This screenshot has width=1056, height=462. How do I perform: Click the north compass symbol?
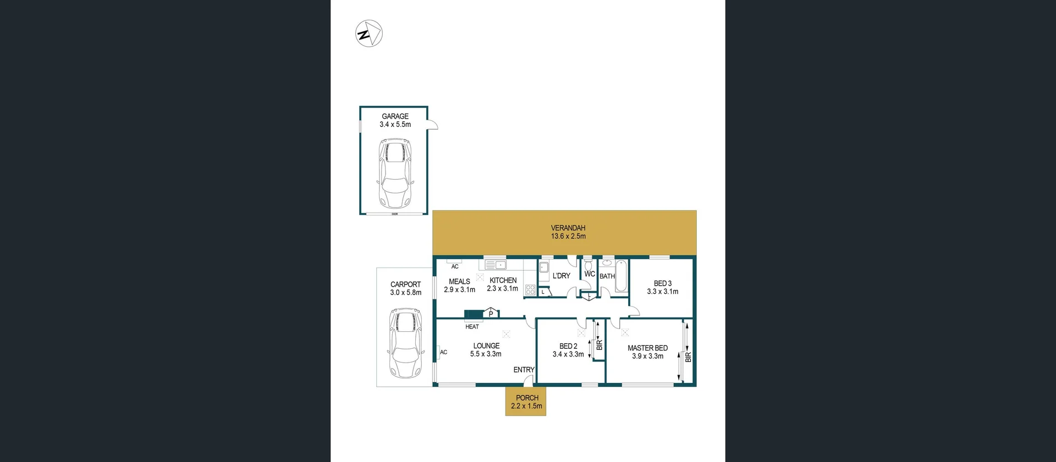pyautogui.click(x=369, y=34)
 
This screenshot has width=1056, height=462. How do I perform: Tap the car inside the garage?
pyautogui.click(x=394, y=173)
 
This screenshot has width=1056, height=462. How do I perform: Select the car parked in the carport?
pyautogui.click(x=405, y=343)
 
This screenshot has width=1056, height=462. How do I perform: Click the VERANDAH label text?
pyautogui.click(x=568, y=228)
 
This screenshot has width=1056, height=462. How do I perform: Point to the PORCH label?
pyautogui.click(x=527, y=398)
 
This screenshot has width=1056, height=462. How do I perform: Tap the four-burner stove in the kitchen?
pyautogui.click(x=530, y=290)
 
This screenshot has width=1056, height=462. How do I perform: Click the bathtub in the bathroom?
pyautogui.click(x=621, y=276)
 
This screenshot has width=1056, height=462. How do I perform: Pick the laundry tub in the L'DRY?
pyautogui.click(x=543, y=268)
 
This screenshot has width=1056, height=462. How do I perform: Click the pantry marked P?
pyautogui.click(x=491, y=314)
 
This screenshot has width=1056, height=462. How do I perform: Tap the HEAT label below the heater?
pyautogui.click(x=472, y=327)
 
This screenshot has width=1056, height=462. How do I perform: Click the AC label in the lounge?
pyautogui.click(x=443, y=352)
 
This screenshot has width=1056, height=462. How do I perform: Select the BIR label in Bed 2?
pyautogui.click(x=599, y=345)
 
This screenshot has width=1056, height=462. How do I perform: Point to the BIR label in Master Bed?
pyautogui.click(x=688, y=357)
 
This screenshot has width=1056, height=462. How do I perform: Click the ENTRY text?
pyautogui.click(x=524, y=370)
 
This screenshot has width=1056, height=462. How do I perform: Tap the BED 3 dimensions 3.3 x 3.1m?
pyautogui.click(x=662, y=292)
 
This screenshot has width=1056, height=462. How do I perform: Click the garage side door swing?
pyautogui.click(x=433, y=125)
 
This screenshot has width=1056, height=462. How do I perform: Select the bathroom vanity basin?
pyautogui.click(x=607, y=263)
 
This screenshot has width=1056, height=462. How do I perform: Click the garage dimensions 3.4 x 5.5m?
pyautogui.click(x=395, y=125)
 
